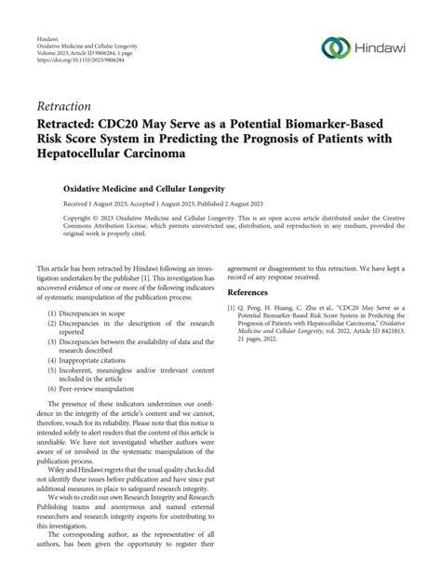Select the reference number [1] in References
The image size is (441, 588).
click(x=232, y=306)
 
